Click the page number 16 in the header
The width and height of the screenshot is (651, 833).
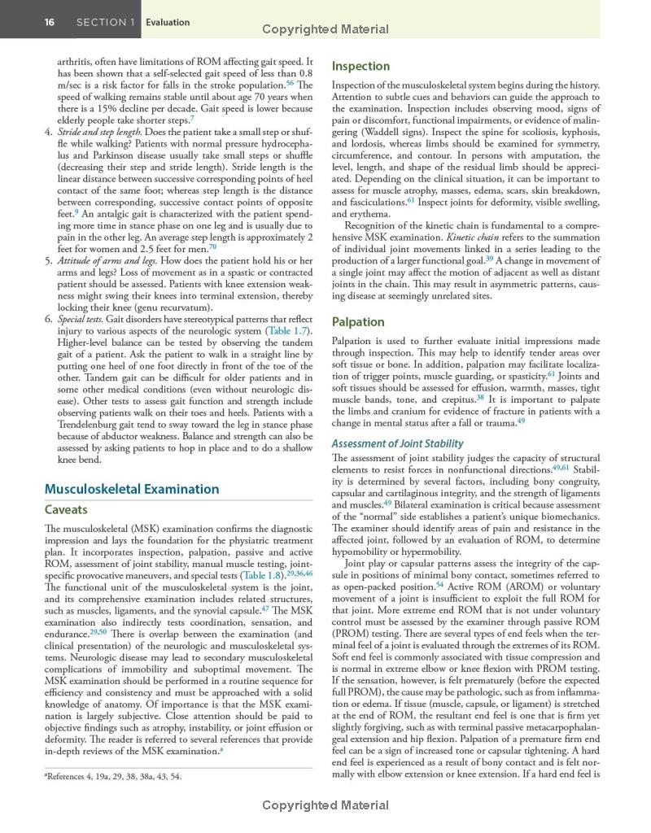(x=50, y=22)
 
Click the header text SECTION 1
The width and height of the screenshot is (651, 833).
(x=106, y=22)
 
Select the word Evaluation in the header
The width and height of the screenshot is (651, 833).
(x=168, y=22)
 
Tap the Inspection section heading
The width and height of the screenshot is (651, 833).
(x=360, y=66)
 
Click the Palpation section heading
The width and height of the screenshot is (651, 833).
(x=358, y=321)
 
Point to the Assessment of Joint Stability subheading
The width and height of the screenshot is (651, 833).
(x=397, y=443)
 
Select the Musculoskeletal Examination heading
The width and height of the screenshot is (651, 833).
(x=131, y=489)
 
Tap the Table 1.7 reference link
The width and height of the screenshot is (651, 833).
(x=289, y=331)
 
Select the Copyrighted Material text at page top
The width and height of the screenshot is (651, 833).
(x=325, y=29)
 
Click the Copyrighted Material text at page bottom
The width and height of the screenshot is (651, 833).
(x=325, y=805)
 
